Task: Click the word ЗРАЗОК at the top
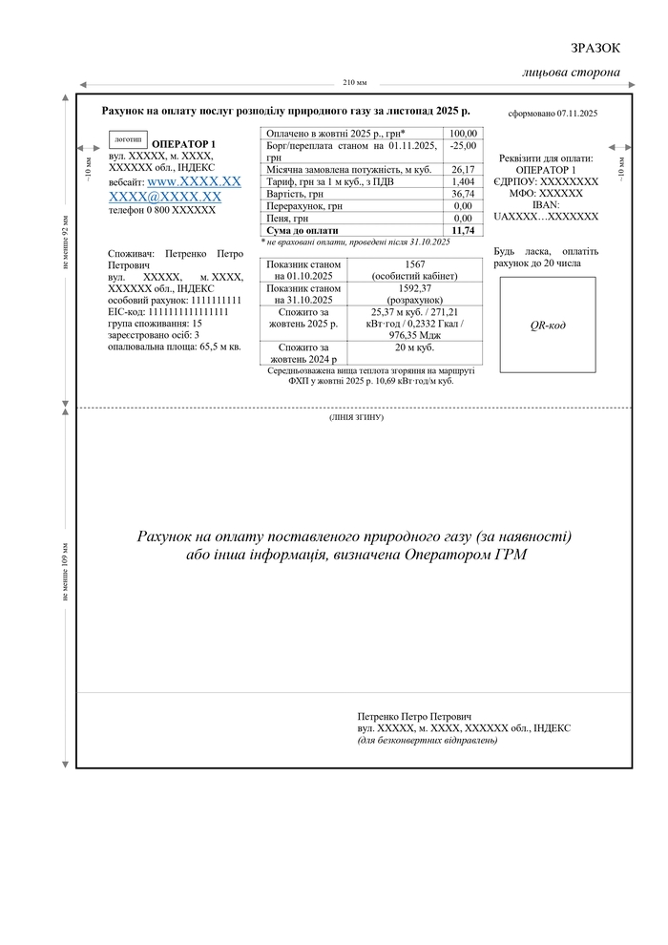click(x=595, y=48)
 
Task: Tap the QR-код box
click(x=548, y=325)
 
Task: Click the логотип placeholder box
click(x=128, y=139)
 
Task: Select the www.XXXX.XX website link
click(x=194, y=180)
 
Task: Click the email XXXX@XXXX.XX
click(x=165, y=197)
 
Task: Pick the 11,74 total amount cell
click(x=463, y=230)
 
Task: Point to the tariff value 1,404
click(x=463, y=181)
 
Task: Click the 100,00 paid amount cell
click(x=463, y=134)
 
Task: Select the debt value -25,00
click(x=463, y=146)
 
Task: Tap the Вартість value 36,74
click(x=463, y=194)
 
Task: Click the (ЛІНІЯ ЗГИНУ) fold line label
click(x=355, y=418)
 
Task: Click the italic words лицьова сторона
click(x=572, y=73)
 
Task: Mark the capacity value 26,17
click(x=463, y=169)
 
